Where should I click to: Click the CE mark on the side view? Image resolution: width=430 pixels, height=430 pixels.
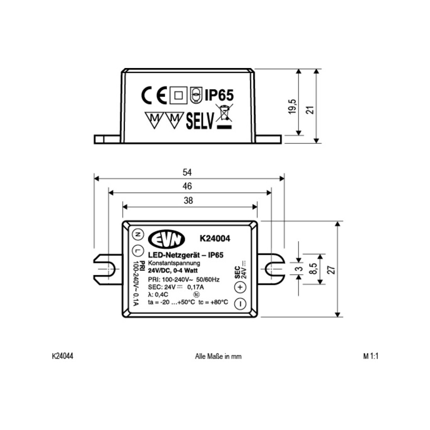154,95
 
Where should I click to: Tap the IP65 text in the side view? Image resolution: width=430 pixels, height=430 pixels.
219,95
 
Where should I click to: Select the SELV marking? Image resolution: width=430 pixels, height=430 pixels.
200,121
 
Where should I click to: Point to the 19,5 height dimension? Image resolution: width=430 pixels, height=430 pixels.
292,107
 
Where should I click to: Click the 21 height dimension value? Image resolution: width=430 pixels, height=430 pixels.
310,110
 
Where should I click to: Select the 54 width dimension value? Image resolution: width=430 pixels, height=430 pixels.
187,172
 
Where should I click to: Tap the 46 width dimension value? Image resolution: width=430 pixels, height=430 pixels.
187,186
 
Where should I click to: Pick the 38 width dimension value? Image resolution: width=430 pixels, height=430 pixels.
188,201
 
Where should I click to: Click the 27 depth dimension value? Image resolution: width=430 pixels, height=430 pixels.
331,270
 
